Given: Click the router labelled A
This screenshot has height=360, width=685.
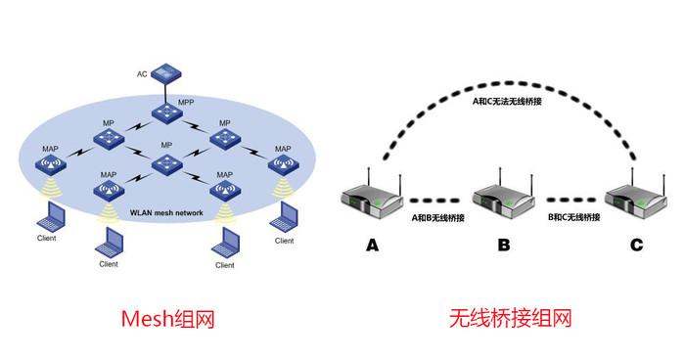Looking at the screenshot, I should [x=374, y=200].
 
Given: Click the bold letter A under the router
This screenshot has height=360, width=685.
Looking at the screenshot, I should [x=372, y=246].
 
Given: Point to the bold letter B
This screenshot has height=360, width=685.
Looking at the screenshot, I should [x=503, y=246].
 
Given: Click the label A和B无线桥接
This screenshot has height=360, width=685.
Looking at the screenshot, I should [x=438, y=217].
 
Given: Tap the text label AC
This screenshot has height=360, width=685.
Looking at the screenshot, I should [x=142, y=73].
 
